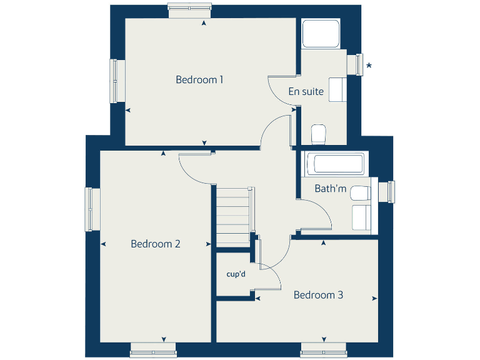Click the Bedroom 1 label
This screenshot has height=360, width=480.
pos(199,79)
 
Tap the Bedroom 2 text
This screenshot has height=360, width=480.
pos(156,244)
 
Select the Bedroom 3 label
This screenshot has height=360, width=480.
pos(318,295)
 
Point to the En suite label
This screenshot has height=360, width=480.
pos(306,91)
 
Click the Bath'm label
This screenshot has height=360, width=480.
pos(330,188)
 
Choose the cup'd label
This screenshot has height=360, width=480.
pos(235,273)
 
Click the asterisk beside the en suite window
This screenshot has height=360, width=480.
pos(369,66)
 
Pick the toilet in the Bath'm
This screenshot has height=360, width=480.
pos(359,194)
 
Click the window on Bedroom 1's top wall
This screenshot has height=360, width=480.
pos(190,7)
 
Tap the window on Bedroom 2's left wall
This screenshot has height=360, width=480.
pos(91,209)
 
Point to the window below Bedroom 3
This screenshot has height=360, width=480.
pos(323,352)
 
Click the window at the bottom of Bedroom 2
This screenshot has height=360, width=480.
pos(153,352)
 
